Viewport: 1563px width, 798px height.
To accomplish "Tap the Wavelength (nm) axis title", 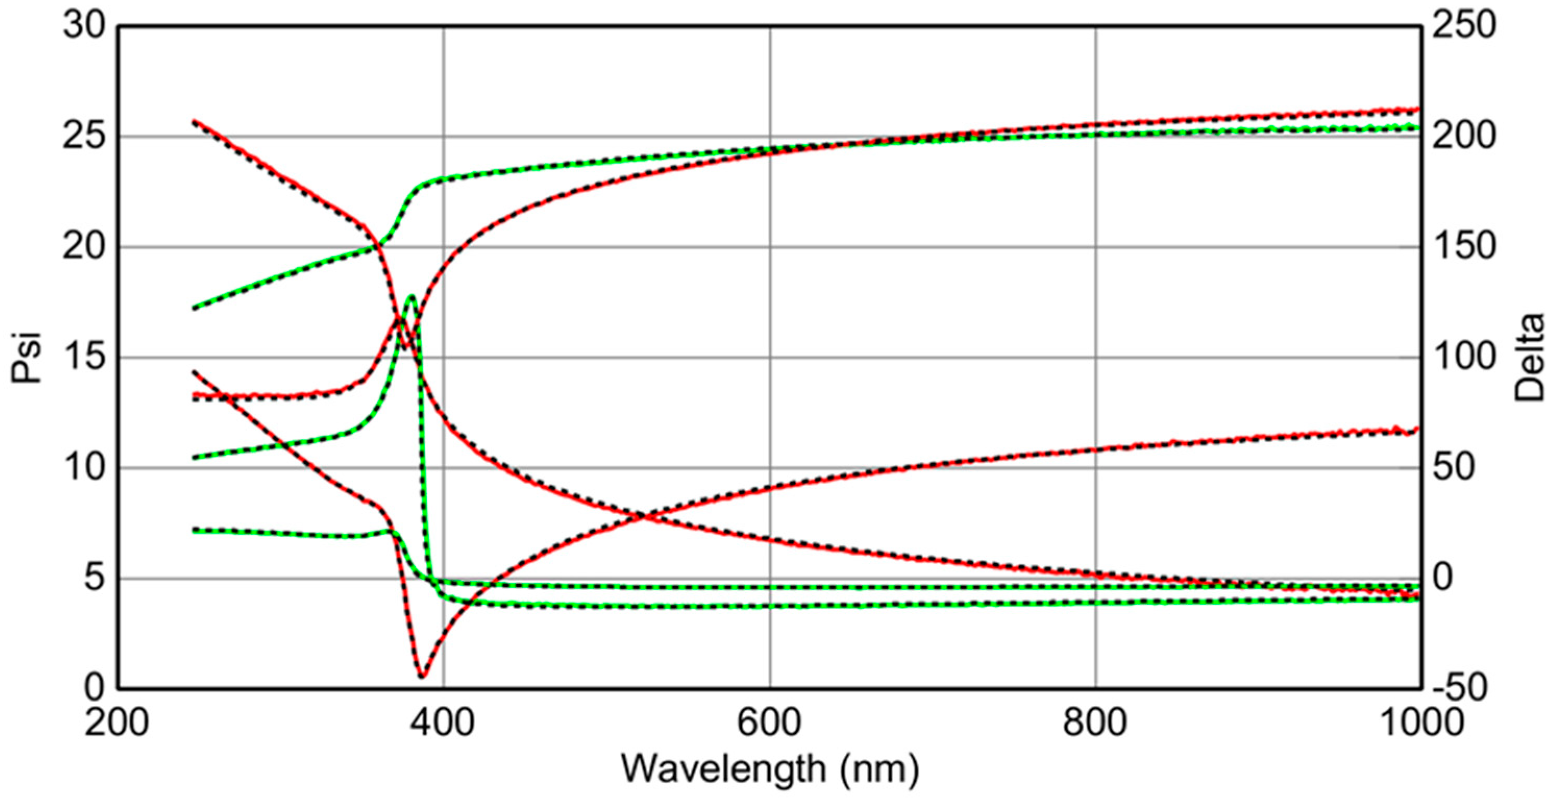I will [x=770, y=769].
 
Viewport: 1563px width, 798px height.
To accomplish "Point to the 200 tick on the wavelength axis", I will [x=117, y=724].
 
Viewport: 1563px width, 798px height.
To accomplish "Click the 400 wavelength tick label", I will [x=443, y=724].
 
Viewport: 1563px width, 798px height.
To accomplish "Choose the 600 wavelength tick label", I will [x=770, y=724].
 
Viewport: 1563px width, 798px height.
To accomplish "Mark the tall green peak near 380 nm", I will [x=412, y=296].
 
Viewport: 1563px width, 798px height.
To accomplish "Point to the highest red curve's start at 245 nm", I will [x=194, y=121].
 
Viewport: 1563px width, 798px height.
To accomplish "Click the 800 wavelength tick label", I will [x=1096, y=724].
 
